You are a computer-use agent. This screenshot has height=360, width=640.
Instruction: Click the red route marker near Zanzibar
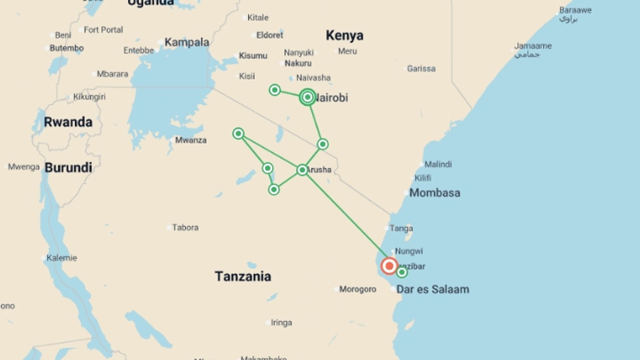coord(389,266)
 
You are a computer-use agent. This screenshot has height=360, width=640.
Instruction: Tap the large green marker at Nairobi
coord(307,97)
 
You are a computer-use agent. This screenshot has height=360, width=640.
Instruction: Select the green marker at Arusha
coord(302,170)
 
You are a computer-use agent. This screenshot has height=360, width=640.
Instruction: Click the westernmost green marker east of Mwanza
coord(238,134)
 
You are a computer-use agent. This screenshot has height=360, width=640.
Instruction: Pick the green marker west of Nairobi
coord(275,90)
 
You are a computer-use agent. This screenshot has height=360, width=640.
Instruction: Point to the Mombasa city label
coord(434,193)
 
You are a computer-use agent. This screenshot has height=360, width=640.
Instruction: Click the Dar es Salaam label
coord(433,289)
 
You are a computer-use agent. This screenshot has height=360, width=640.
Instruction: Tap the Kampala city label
coord(187,42)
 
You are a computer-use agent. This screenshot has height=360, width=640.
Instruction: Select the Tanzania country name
coord(243,276)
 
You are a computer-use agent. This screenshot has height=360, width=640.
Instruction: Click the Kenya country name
coord(344,35)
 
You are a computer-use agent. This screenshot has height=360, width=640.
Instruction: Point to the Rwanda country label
coord(68,122)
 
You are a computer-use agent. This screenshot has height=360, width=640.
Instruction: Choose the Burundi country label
coord(68,167)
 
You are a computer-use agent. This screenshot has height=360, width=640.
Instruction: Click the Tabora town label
coord(185,228)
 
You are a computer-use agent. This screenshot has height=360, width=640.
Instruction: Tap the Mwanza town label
coord(191,140)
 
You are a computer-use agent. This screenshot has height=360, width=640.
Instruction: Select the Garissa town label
coord(421,69)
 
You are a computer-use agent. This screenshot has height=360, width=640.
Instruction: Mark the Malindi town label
coord(438,164)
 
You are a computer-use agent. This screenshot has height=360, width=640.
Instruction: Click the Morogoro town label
coord(358,289)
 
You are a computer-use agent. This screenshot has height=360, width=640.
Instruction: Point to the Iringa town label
coord(281,323)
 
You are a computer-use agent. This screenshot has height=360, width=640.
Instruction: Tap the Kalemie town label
coord(62,258)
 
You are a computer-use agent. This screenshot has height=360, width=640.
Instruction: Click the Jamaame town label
coord(533,46)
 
